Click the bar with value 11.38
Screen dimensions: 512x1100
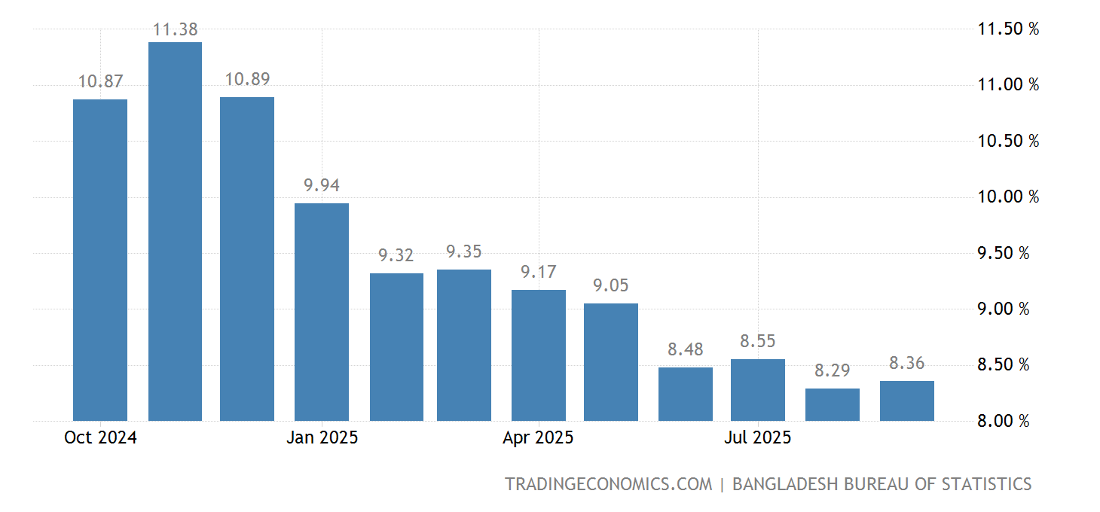[x=175, y=231]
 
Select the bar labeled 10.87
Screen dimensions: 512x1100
[x=100, y=260]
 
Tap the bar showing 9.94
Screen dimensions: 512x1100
[x=322, y=312]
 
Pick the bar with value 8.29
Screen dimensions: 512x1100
[x=833, y=404]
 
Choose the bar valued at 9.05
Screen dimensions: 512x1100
[x=611, y=361]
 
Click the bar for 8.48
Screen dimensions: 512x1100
[x=686, y=394]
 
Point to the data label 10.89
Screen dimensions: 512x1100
[x=247, y=80]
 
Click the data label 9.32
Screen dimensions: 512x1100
[x=396, y=256]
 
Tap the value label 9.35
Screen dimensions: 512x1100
[x=464, y=252]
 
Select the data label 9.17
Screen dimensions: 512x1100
[x=539, y=273]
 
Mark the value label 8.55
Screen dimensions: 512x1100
[x=758, y=342]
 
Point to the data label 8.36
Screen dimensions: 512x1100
[x=907, y=364]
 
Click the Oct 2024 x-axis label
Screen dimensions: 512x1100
[x=100, y=437]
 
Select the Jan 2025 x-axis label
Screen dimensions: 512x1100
[x=322, y=437]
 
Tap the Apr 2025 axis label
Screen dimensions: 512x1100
[x=539, y=437]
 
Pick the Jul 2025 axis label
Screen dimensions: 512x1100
[x=758, y=437]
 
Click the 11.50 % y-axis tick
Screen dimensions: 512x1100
[x=1008, y=29]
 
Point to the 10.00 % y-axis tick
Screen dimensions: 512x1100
[x=1008, y=197]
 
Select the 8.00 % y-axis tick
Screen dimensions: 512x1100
[x=1004, y=421]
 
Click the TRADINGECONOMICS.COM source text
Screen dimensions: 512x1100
[x=608, y=484]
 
